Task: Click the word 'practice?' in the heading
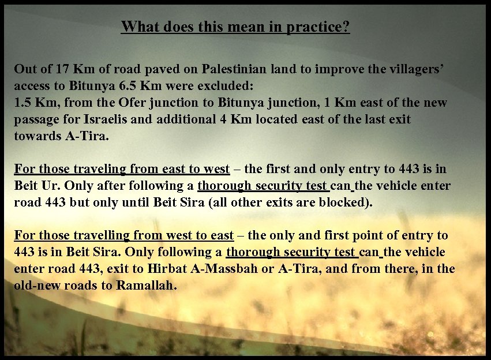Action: point(322,27)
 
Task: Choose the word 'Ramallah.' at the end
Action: point(147,286)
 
